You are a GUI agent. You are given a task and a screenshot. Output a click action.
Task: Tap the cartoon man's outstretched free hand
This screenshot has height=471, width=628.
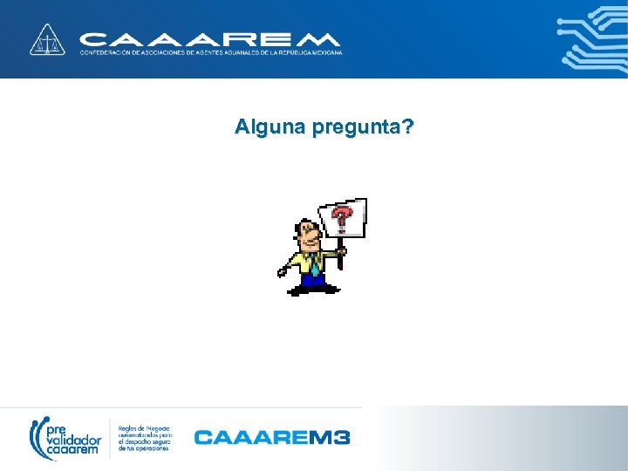pos(283,272)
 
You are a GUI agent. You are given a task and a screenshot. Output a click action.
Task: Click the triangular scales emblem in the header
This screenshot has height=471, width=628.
pos(48,40)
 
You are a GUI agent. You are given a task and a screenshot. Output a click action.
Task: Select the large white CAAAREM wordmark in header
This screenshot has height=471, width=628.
pos(209,39)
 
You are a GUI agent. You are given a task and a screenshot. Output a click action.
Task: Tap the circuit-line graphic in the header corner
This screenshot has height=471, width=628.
pos(593,39)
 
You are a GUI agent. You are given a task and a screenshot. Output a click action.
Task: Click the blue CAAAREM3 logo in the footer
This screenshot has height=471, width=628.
pos(271,436)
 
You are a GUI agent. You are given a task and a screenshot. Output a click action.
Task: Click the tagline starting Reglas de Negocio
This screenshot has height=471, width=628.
pos(146,435)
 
